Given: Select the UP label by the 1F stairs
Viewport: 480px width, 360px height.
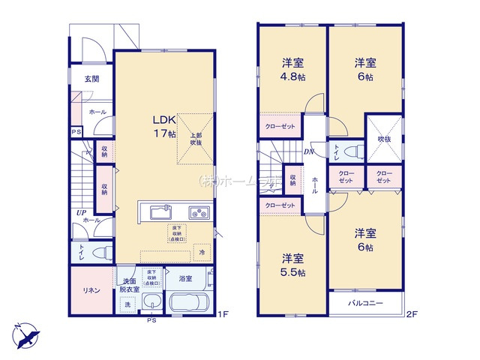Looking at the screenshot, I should [79, 213].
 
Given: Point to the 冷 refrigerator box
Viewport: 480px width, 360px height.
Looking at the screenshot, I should [201, 253].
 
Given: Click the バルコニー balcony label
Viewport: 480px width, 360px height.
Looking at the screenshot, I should [366, 304].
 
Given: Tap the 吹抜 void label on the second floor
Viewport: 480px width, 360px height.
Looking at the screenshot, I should [383, 138].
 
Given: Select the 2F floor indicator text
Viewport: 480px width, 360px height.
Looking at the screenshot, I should [411, 315].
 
